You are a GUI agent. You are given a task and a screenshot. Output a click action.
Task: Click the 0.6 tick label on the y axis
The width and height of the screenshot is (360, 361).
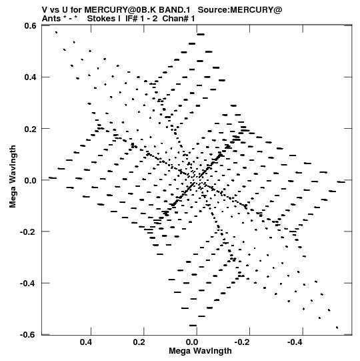tap(31, 25)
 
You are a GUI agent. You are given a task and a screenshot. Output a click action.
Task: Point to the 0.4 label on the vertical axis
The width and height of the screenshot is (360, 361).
tap(31, 77)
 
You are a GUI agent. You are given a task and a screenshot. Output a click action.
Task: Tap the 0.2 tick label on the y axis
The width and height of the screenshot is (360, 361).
tap(31, 129)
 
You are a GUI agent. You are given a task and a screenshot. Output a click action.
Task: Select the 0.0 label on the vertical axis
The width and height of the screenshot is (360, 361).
tap(31, 180)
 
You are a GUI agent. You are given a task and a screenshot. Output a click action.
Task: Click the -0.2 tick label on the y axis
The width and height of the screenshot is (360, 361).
tap(28, 232)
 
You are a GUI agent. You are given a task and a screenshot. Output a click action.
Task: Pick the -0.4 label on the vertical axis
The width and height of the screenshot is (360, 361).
tap(28, 283)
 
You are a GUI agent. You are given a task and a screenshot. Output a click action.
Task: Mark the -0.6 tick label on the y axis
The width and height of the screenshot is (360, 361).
tap(28, 334)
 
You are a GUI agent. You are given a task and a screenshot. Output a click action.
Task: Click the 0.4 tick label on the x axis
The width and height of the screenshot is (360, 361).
tap(86, 342)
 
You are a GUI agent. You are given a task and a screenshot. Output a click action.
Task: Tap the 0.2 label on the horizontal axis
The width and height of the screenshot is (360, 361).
tap(139, 342)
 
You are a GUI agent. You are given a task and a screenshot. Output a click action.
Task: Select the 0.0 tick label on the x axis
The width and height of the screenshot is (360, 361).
tap(192, 342)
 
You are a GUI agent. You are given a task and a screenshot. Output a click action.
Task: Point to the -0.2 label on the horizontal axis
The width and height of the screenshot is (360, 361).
tap(243, 342)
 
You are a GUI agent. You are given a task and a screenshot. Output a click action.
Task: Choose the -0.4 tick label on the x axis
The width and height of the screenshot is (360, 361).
tap(295, 342)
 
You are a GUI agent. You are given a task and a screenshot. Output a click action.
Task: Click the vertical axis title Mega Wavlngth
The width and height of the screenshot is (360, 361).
tap(13, 177)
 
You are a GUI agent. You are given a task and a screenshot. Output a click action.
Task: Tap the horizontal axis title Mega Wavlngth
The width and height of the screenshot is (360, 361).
tap(200, 351)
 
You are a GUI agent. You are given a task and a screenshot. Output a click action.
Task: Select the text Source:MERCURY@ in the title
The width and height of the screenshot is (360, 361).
tap(240, 10)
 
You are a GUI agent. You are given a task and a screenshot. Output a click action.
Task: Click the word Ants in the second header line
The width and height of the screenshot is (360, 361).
tap(51, 19)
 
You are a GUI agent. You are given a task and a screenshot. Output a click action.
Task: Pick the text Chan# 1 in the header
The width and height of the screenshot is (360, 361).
tap(179, 19)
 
